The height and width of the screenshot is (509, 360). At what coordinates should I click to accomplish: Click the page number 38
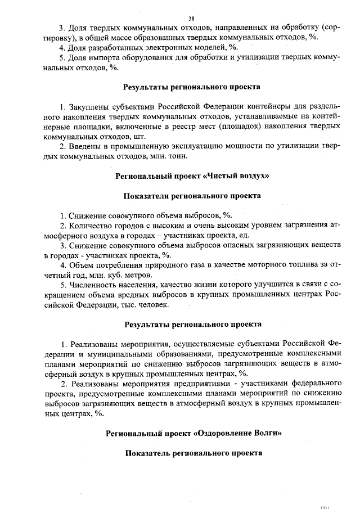[x=191, y=19]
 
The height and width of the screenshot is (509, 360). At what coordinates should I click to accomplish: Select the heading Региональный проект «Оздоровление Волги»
[x=192, y=434]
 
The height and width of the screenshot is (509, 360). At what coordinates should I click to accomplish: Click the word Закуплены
[x=87, y=107]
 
